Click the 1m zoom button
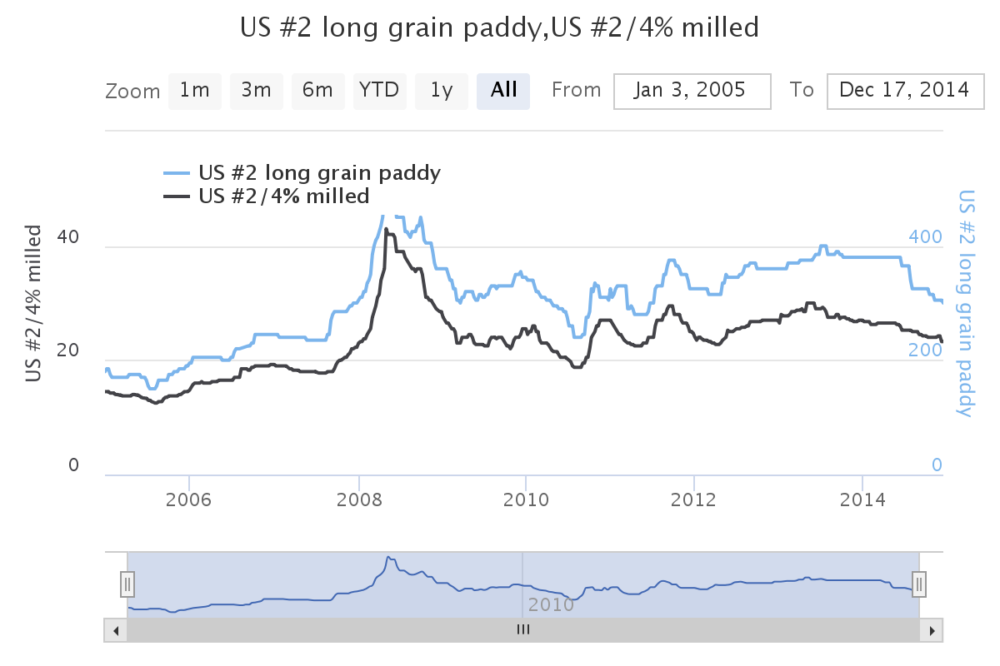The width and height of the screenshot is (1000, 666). pyautogui.click(x=195, y=91)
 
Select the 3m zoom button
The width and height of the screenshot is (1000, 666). pyautogui.click(x=257, y=91)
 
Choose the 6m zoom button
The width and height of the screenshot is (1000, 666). pyautogui.click(x=318, y=91)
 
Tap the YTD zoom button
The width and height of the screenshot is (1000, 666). pyautogui.click(x=380, y=91)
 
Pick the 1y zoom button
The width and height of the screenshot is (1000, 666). pyautogui.click(x=442, y=91)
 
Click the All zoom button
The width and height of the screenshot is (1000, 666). pyautogui.click(x=503, y=91)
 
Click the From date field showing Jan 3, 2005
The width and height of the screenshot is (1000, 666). pyautogui.click(x=692, y=91)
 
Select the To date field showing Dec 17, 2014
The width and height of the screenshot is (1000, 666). pyautogui.click(x=905, y=91)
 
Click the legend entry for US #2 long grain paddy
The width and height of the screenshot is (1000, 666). pyautogui.click(x=319, y=173)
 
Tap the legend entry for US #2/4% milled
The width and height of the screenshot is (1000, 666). pyautogui.click(x=283, y=196)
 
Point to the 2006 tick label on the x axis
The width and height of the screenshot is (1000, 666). pyautogui.click(x=189, y=500)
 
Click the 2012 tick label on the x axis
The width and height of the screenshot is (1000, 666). pyautogui.click(x=694, y=500)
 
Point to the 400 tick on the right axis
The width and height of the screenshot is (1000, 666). pyautogui.click(x=925, y=237)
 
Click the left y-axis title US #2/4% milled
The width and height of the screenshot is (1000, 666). pyautogui.click(x=34, y=303)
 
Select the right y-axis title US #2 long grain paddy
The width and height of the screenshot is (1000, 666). pyautogui.click(x=967, y=303)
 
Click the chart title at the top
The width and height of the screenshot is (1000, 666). pyautogui.click(x=500, y=28)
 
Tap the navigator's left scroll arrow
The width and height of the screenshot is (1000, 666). pyautogui.click(x=116, y=630)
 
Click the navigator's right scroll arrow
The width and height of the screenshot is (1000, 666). pyautogui.click(x=931, y=630)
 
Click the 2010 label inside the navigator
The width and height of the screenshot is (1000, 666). pyautogui.click(x=551, y=604)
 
